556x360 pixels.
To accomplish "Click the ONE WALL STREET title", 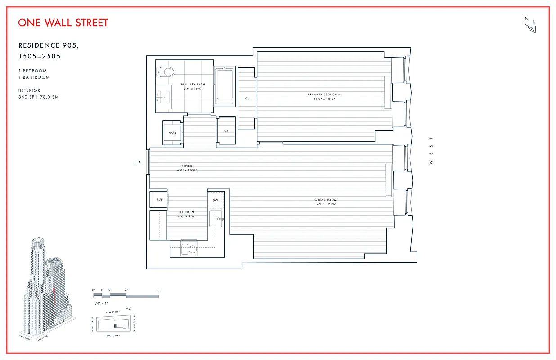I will [x=63, y=22].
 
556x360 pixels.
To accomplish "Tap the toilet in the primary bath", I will [x=167, y=72].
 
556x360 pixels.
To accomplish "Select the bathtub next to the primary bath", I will [x=224, y=86].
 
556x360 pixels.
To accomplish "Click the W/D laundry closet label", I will [x=173, y=133].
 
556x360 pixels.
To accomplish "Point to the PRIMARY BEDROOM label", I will [x=324, y=94].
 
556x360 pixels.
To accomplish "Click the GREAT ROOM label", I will [x=325, y=200].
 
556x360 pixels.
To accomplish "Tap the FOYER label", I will [x=186, y=166].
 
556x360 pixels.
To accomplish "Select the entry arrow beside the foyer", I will [x=138, y=162].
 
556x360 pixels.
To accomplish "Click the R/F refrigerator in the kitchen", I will [x=159, y=199].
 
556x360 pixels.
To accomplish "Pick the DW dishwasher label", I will [x=215, y=200].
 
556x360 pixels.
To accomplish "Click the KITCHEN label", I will [x=187, y=212].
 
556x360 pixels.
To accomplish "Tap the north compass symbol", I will [x=530, y=25].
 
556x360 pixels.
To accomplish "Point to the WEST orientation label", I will [x=430, y=151].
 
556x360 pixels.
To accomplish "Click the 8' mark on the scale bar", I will [x=159, y=291].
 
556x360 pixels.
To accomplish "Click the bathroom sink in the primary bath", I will [x=164, y=95].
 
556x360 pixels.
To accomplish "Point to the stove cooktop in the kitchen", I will [x=189, y=249].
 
